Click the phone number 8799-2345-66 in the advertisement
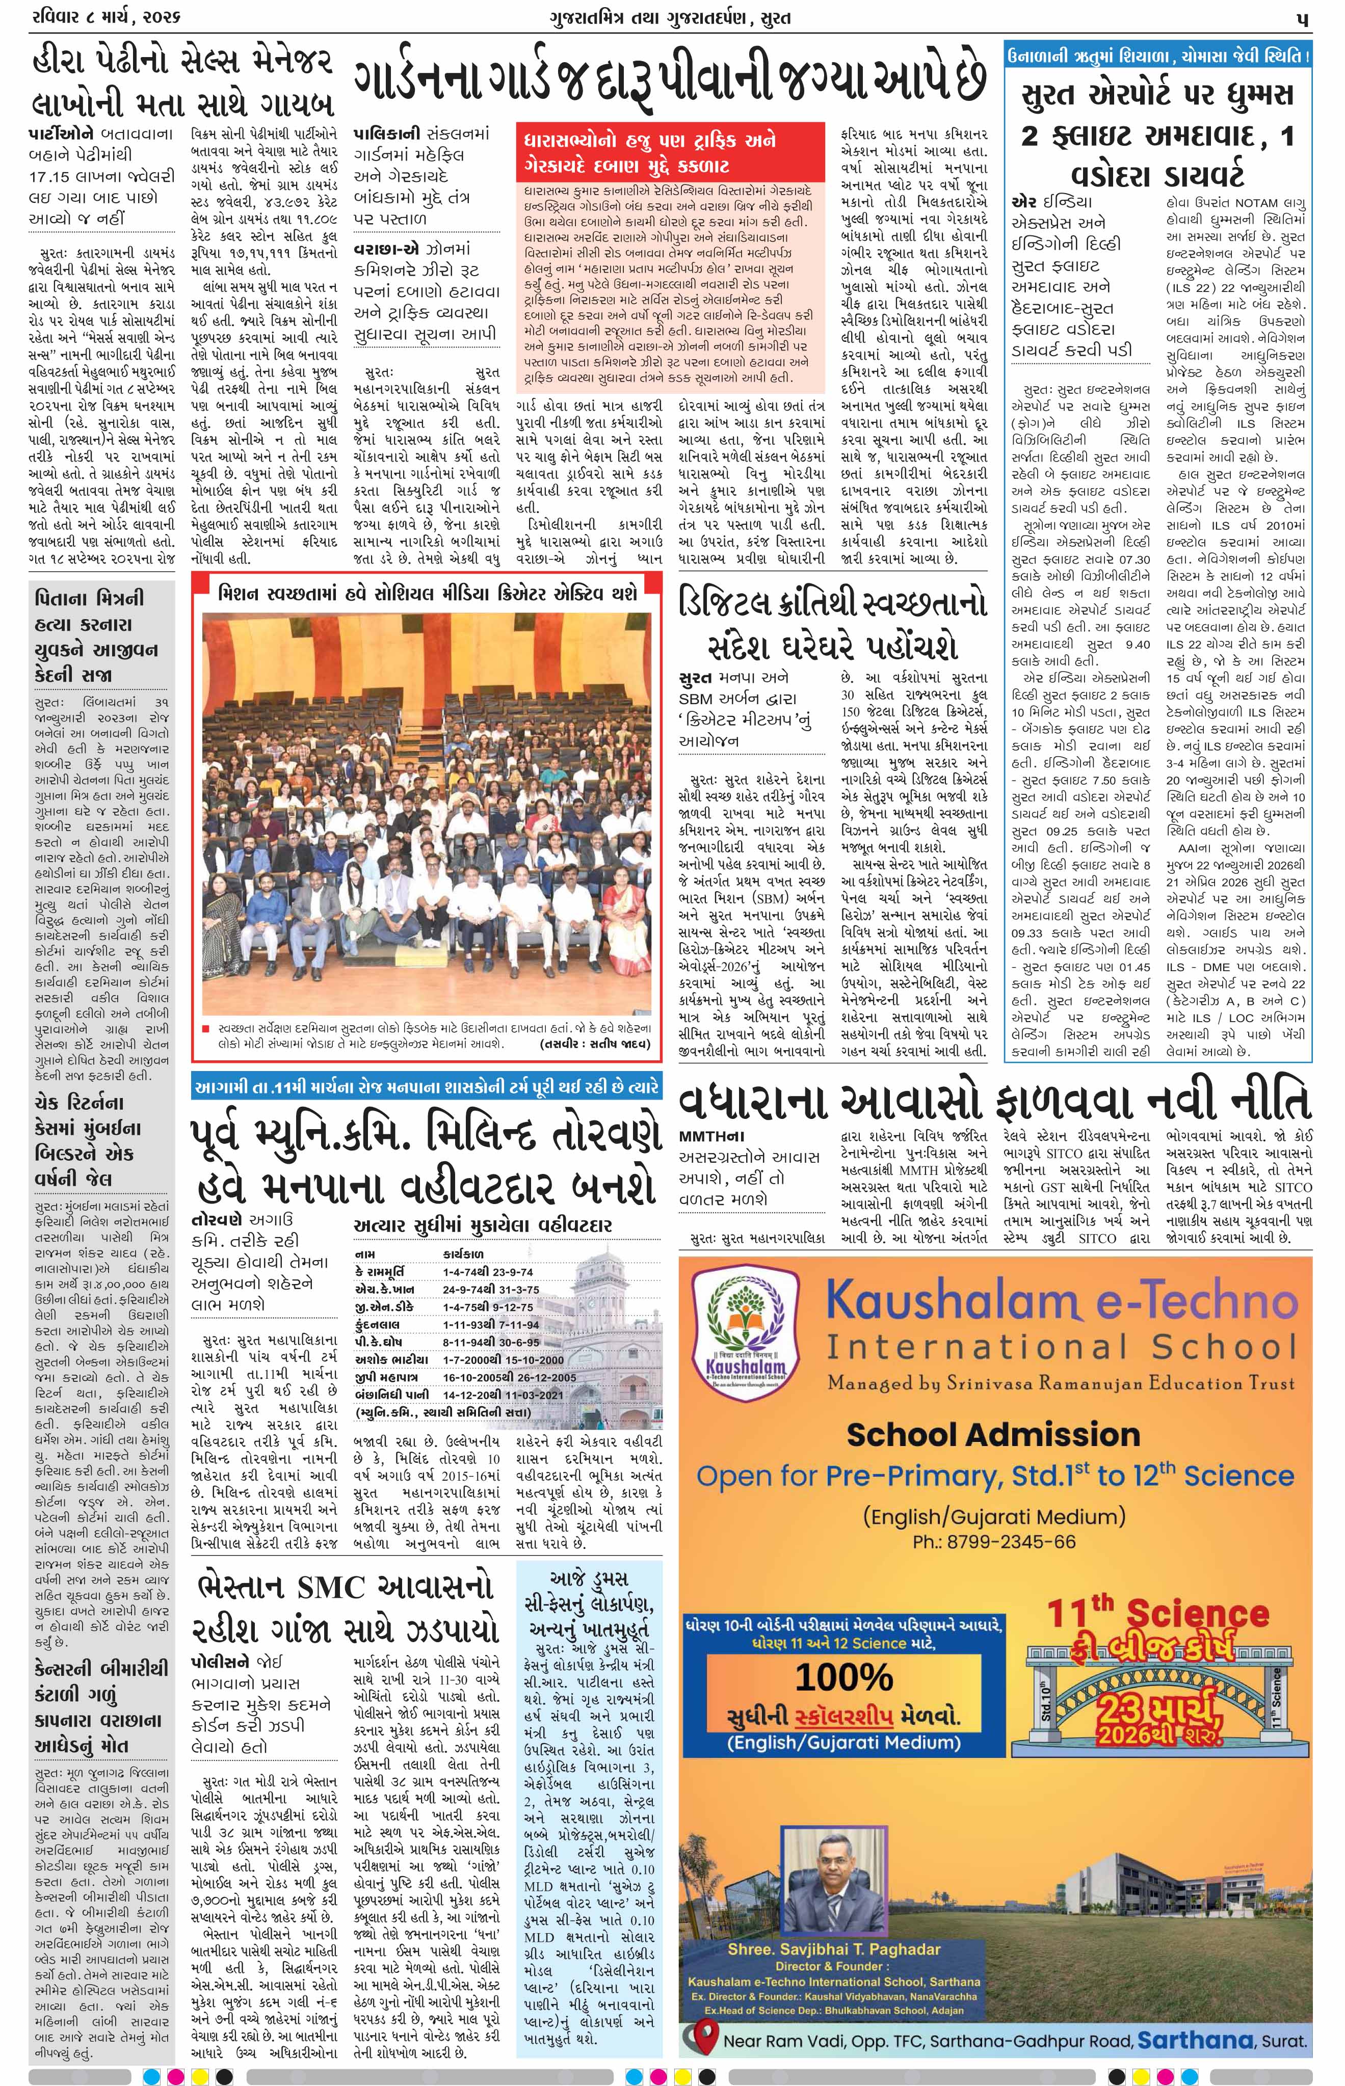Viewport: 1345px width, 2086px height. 994,1542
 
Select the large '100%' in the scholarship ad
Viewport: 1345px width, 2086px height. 843,1677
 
